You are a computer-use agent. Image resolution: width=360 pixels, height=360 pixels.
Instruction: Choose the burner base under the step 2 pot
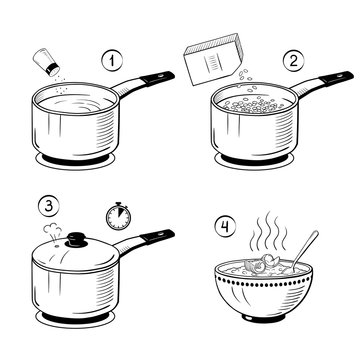pyautogui.click(x=248, y=161)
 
